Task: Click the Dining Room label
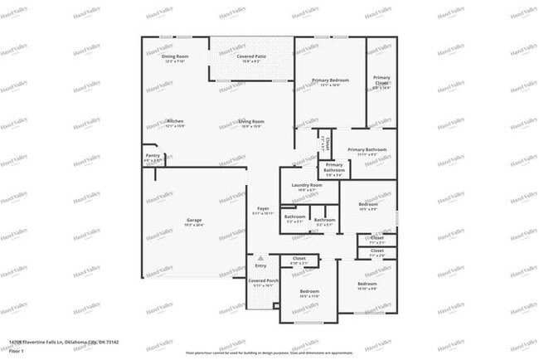point(175,56)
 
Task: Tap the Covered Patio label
point(250,56)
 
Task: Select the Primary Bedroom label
point(330,80)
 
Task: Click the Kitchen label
point(174,121)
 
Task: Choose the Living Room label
point(250,121)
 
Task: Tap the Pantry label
point(153,155)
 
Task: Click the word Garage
point(193,220)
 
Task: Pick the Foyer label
point(262,209)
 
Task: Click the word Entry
point(260,265)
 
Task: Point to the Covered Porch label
point(264,281)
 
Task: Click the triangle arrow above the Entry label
point(260,257)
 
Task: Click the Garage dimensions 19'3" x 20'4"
point(193,224)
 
